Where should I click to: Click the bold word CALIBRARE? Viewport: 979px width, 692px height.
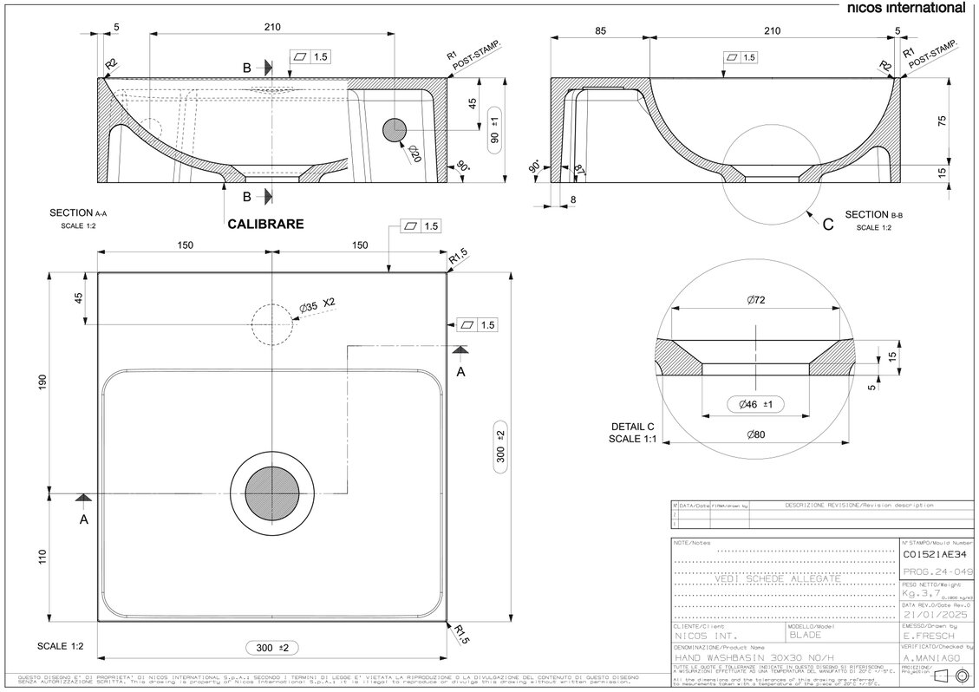pyautogui.click(x=265, y=224)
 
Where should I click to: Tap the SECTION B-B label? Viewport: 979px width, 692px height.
pyautogui.click(x=878, y=215)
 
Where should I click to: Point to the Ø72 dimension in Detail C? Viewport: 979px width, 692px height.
pyautogui.click(x=755, y=301)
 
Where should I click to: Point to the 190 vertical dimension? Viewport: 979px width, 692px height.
pyautogui.click(x=42, y=382)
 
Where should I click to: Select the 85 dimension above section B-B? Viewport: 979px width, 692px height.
pyautogui.click(x=600, y=29)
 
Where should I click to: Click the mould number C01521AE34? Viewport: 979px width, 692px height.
pyautogui.click(x=934, y=554)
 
